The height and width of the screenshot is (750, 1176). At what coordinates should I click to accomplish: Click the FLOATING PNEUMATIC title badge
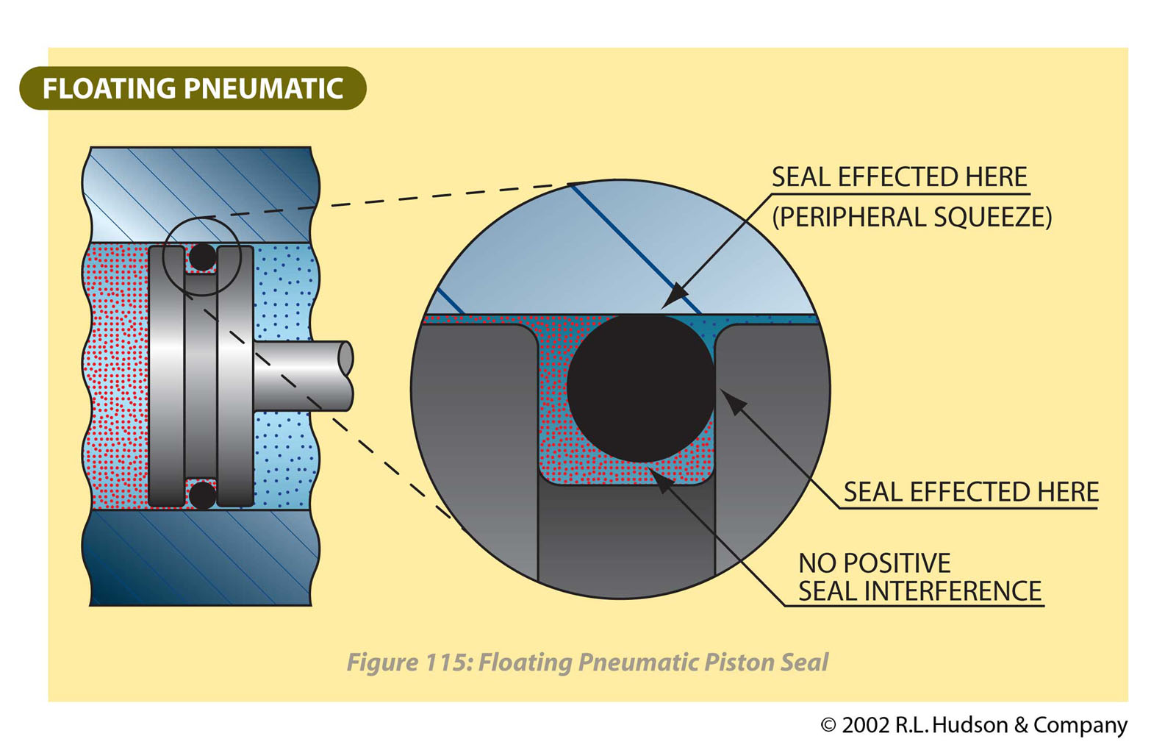click(193, 88)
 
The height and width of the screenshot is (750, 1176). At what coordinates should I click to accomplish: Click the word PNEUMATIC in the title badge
click(263, 88)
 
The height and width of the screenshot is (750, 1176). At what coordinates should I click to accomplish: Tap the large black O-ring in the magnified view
click(640, 387)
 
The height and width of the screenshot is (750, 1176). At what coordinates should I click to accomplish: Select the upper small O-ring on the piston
click(202, 257)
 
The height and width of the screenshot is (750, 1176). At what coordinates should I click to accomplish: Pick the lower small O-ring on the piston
click(202, 494)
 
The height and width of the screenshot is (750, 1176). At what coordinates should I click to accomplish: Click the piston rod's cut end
click(345, 358)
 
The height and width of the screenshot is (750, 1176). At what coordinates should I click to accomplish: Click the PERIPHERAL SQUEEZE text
click(911, 217)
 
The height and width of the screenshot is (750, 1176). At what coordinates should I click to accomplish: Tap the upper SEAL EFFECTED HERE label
click(899, 177)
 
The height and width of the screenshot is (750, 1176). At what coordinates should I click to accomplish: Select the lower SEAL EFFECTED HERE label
click(970, 491)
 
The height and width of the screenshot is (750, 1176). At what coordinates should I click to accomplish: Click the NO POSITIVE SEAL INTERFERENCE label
click(919, 577)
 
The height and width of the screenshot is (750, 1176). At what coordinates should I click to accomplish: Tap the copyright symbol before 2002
click(828, 725)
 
